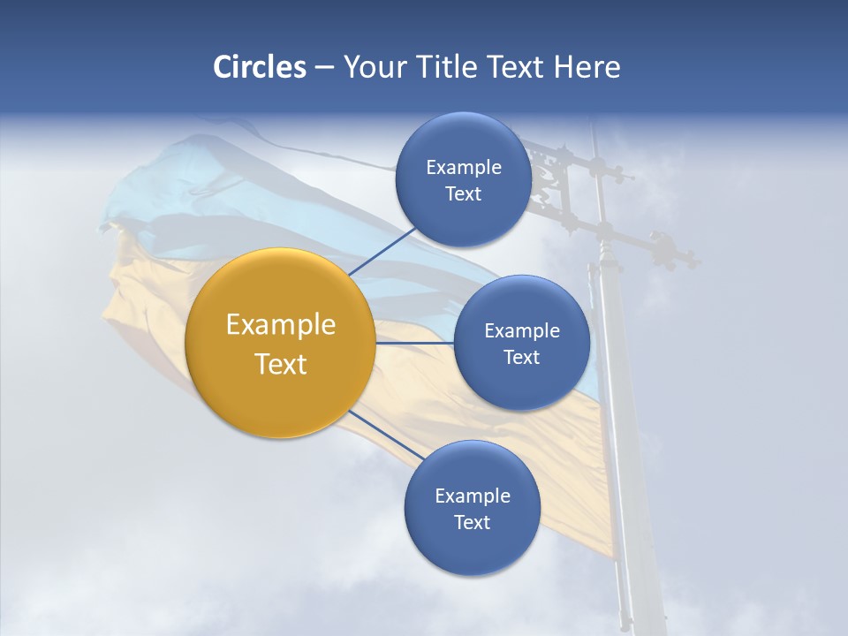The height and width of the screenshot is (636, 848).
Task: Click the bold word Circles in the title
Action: (259, 67)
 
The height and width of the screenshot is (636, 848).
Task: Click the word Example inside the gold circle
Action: (280, 325)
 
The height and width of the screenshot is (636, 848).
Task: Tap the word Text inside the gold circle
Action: (280, 364)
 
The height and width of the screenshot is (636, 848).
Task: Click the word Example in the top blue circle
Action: (463, 168)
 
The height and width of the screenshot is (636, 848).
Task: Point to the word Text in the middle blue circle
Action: (521, 357)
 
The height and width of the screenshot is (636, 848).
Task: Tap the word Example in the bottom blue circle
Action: (472, 496)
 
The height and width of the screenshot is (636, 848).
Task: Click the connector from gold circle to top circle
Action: (383, 250)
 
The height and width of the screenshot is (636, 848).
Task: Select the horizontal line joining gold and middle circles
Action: (414, 342)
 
